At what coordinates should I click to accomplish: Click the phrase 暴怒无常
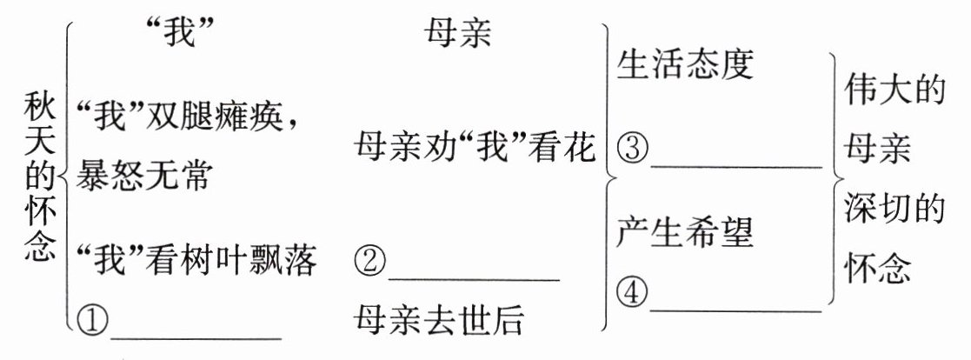pos(144,177)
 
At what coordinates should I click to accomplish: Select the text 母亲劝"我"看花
pos(476,147)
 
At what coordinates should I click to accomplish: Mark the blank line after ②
pos(474,278)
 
